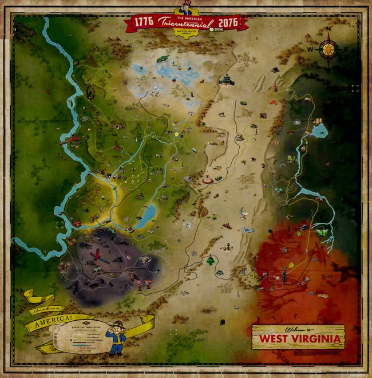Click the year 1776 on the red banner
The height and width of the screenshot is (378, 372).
click(143, 22)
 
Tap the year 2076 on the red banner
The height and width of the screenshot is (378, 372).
click(228, 22)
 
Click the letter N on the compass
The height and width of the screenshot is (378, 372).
click(329, 29)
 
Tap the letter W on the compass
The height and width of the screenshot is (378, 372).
click(310, 49)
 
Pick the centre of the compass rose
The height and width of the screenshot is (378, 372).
click(329, 49)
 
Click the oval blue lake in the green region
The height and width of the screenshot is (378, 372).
click(147, 214)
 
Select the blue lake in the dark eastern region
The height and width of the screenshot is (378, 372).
click(319, 131)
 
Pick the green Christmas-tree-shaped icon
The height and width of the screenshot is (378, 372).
click(211, 260)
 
